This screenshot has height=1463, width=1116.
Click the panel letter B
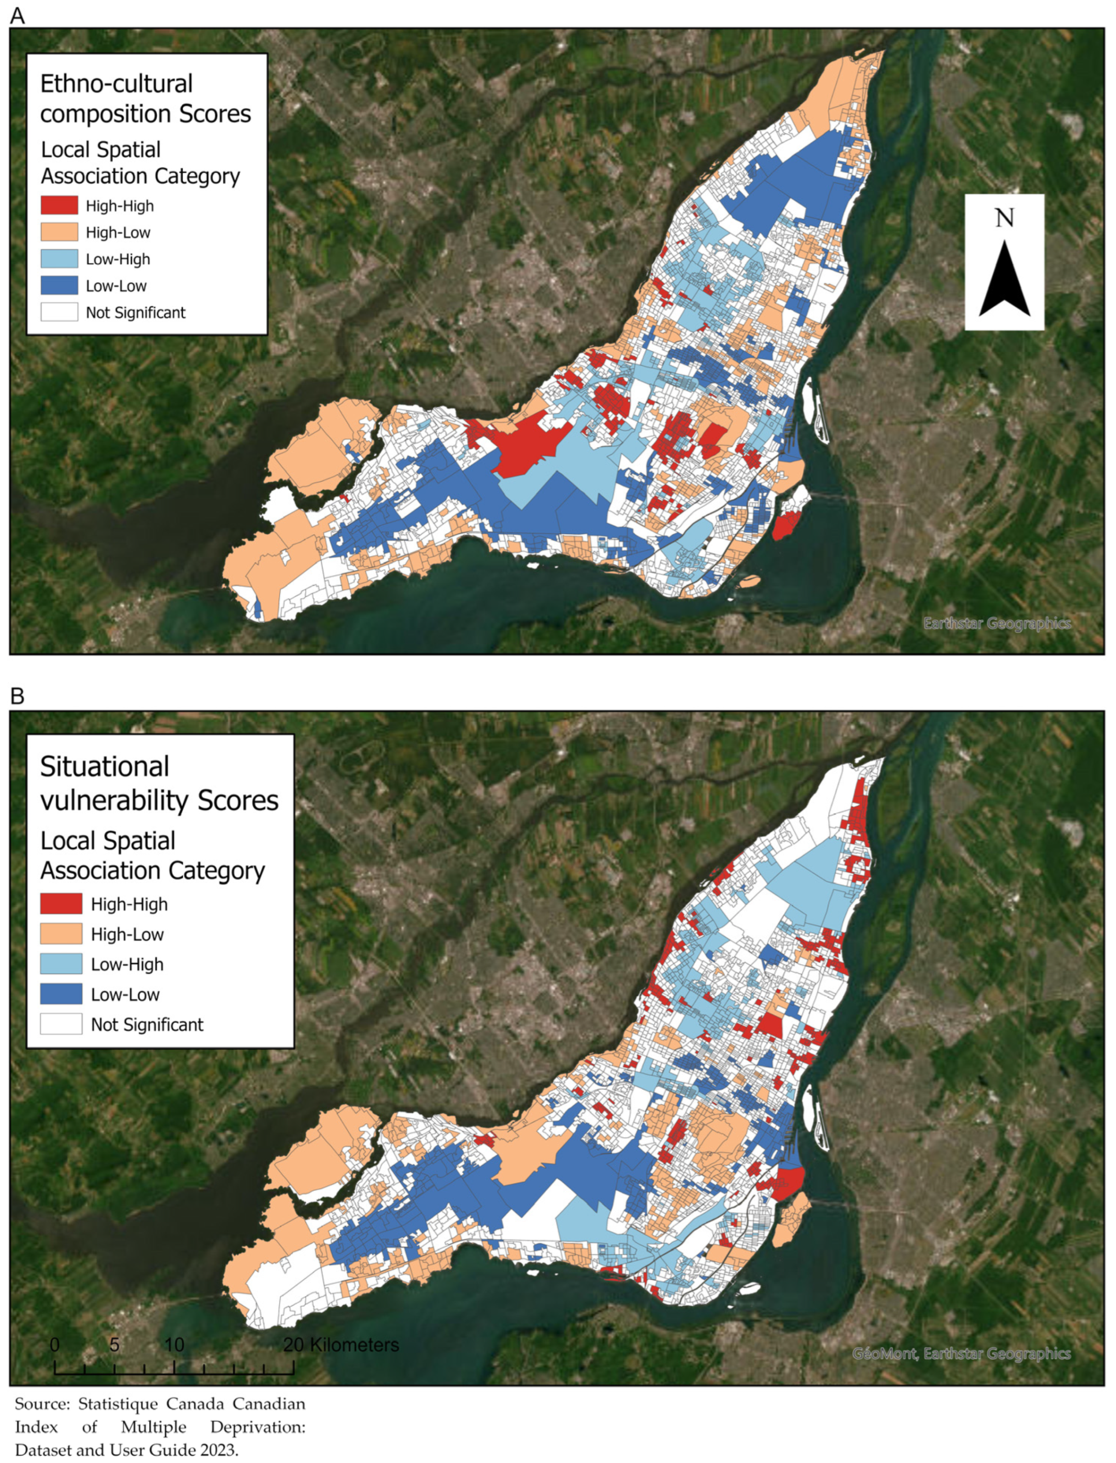(17, 696)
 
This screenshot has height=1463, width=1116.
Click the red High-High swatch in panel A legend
(59, 206)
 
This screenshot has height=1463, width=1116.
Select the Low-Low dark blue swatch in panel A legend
(59, 286)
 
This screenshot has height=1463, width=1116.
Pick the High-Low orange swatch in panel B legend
(61, 934)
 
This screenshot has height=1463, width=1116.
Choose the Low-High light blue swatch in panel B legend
(61, 964)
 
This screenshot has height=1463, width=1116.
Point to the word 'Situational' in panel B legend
(104, 767)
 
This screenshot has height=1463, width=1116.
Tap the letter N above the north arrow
(1004, 218)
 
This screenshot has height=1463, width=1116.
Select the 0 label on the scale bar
(55, 1345)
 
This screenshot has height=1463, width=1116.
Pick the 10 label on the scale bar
(174, 1345)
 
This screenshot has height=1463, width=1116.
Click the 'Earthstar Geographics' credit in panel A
(996, 623)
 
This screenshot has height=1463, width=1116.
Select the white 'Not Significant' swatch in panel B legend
(61, 1024)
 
